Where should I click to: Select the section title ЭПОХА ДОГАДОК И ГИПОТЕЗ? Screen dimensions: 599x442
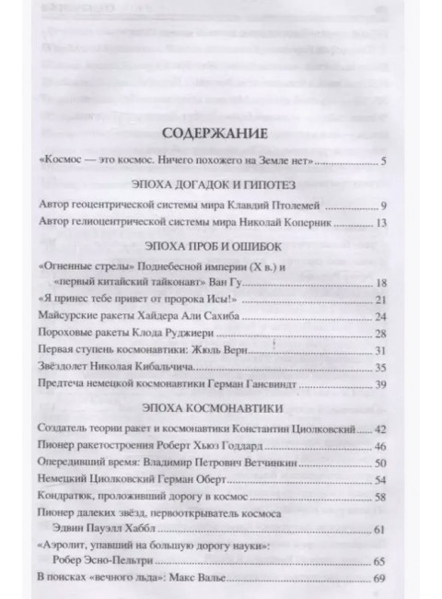pos(220,184)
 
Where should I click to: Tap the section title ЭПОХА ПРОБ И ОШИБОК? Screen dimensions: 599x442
pos(220,247)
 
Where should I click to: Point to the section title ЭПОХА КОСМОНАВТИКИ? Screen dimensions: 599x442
pos(220,406)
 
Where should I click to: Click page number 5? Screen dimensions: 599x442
pos(384,162)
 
